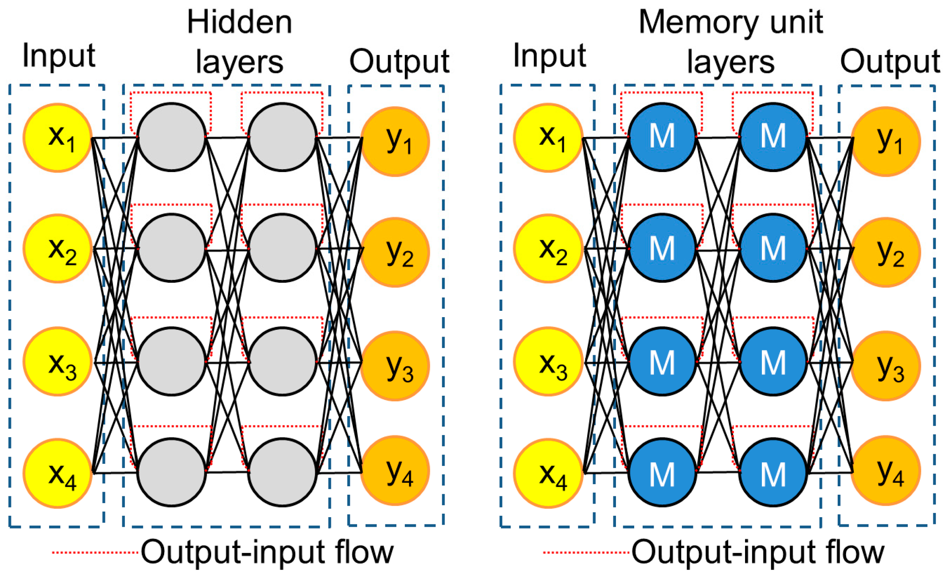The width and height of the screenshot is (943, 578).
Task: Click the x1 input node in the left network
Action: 58,137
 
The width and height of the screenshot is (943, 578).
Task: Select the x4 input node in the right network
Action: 548,473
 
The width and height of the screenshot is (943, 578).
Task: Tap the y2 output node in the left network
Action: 395,252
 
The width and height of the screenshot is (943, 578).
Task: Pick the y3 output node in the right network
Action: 885,366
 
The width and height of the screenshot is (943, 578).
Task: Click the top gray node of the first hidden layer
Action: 171,137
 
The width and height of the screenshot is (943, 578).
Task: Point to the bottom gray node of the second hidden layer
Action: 282,472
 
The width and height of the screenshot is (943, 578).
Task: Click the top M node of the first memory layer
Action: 662,137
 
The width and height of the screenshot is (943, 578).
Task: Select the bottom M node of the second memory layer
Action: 773,473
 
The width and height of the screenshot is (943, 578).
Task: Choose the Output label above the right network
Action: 890,62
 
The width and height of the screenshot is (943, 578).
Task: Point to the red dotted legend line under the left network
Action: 95,552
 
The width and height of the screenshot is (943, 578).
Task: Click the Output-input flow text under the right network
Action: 758,552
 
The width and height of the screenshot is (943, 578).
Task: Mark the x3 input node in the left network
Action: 58,362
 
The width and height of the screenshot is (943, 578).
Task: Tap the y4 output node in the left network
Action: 395,471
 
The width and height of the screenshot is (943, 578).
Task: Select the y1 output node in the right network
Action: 885,141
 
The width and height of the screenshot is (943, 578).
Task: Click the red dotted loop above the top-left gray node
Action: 171,92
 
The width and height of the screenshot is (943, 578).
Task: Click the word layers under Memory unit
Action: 730,63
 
